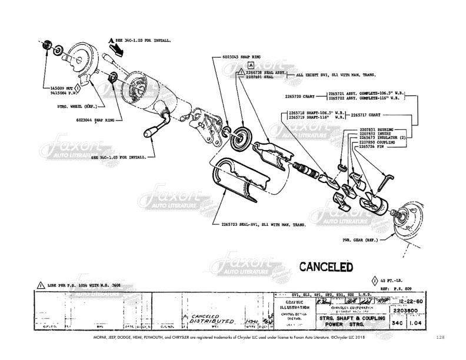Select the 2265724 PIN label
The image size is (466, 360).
pyautogui.click(x=372, y=146)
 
